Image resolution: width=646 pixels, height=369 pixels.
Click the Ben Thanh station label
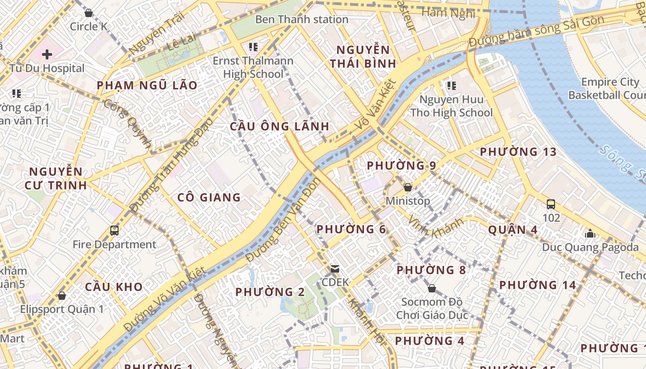point(301,19)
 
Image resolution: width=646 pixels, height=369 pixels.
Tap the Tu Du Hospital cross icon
point(47,55)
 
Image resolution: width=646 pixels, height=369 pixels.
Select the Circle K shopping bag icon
point(89,13)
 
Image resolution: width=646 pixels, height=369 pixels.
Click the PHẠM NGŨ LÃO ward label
point(147,85)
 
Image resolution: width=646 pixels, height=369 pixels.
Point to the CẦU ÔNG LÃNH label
point(280,126)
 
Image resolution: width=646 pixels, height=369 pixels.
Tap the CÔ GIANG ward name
point(209,197)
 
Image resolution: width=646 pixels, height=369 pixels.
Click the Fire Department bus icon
point(114,230)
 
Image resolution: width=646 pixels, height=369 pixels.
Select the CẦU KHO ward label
point(114,287)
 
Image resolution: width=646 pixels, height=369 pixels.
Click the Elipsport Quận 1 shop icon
point(62,295)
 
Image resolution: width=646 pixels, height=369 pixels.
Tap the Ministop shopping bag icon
point(407,187)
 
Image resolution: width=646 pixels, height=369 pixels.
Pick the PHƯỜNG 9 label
point(401,166)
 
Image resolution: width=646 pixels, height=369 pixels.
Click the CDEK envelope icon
point(335,268)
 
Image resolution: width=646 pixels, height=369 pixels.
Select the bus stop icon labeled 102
point(550,204)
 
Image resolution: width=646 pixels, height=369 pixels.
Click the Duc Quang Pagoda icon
point(590,233)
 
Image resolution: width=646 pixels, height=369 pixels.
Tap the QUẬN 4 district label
point(513,230)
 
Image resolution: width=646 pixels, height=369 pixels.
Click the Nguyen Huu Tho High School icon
point(451,86)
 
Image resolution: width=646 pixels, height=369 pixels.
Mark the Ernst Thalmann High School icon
point(253,47)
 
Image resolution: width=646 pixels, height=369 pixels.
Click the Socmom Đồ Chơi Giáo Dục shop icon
point(431,288)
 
